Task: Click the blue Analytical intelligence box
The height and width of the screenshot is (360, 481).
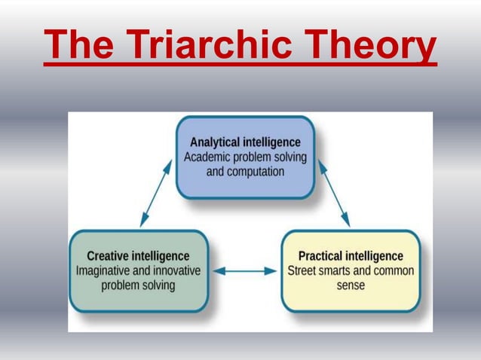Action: [x=245, y=157]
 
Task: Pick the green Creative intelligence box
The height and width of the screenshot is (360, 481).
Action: [x=138, y=271]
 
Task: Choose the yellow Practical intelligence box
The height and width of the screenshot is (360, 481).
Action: [x=351, y=271]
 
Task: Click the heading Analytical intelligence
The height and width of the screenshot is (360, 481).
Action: [x=245, y=142]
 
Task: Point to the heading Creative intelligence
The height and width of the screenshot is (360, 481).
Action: [x=138, y=257]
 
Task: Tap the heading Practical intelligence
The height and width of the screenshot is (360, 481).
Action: [x=351, y=257]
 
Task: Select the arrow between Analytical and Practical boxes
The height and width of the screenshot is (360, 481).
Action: [x=333, y=193]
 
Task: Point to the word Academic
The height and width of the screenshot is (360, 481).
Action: [x=209, y=157]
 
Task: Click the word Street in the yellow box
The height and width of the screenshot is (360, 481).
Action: [x=302, y=271]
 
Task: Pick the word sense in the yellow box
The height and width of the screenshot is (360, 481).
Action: [x=351, y=285]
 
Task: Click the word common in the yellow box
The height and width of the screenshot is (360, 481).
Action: [x=393, y=271]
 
